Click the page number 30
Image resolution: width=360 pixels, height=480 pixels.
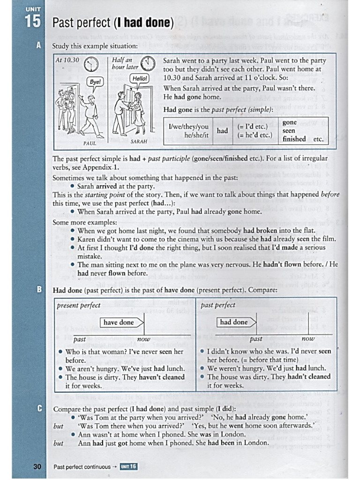coord(37,466)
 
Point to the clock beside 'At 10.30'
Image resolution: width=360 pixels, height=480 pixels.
coord(92,63)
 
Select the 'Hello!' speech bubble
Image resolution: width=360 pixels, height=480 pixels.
coord(140,78)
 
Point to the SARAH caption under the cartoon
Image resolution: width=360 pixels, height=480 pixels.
coord(139,141)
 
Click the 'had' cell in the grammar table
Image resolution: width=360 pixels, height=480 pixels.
coord(223,131)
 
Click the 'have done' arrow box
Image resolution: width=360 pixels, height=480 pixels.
coord(120,322)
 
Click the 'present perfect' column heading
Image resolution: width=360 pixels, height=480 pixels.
coord(78,305)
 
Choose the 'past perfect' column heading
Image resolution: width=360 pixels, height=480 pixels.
coord(218,305)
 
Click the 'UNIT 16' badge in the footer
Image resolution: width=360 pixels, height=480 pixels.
coord(128,466)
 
